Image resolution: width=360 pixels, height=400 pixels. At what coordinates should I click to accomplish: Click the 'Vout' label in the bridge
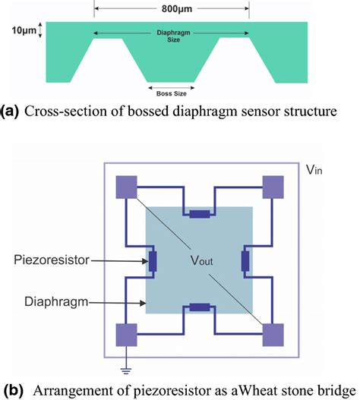click(x=200, y=262)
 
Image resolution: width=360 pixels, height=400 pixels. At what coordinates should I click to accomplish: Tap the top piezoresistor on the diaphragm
click(x=200, y=215)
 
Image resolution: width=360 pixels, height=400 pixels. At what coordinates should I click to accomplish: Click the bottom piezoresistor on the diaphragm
click(x=200, y=308)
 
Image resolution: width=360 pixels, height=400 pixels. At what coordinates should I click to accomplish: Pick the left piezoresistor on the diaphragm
click(x=153, y=262)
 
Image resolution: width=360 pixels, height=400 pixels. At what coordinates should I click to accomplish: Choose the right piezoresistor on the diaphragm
click(x=246, y=262)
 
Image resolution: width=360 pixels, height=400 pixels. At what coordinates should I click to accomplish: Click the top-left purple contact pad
click(x=126, y=187)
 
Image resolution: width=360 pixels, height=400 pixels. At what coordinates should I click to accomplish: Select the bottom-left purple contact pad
click(x=126, y=335)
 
